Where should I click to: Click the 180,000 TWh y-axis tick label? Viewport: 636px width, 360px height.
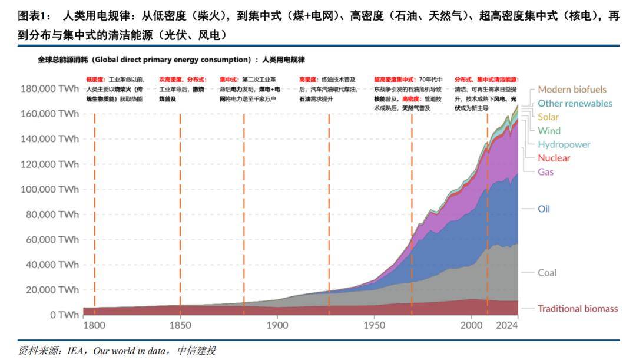(x=49, y=89)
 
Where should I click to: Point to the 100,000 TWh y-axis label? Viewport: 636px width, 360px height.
(x=49, y=190)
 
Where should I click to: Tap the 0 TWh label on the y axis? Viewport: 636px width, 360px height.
(x=64, y=315)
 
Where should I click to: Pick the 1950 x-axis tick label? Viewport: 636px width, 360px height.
(x=375, y=325)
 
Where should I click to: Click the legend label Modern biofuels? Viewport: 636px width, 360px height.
(x=572, y=90)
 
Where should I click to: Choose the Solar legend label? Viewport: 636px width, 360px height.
(x=548, y=117)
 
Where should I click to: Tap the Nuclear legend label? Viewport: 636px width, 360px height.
(x=554, y=158)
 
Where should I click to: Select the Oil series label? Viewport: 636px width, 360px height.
(x=544, y=209)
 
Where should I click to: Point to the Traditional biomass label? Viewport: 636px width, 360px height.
(x=578, y=308)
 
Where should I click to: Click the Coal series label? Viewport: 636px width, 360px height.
(x=547, y=273)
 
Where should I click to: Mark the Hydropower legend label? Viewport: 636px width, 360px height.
(x=564, y=144)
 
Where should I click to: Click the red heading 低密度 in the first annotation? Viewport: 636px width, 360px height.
(x=94, y=79)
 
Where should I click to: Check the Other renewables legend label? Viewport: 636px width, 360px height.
(x=575, y=103)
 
